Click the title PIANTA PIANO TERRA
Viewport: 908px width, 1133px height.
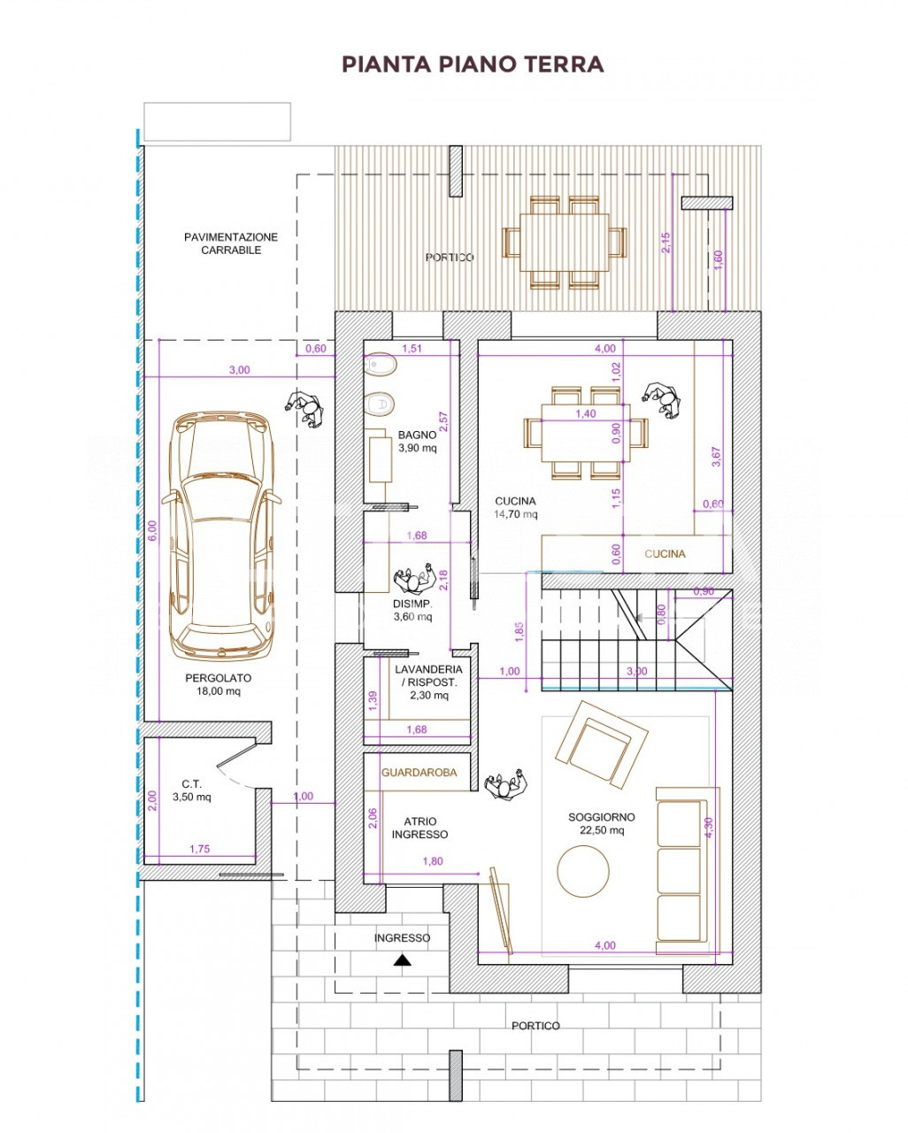pos(473,64)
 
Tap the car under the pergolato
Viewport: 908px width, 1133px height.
pos(221,535)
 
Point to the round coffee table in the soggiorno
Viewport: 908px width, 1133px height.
pos(582,871)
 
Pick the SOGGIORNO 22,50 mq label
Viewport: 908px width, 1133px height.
pos(601,823)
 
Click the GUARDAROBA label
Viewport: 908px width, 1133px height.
pos(419,773)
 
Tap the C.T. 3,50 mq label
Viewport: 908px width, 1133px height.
pos(192,790)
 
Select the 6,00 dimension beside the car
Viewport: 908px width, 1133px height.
pos(152,530)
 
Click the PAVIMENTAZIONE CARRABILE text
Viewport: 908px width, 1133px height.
pos(231,243)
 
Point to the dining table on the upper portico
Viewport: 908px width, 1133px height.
pos(564,243)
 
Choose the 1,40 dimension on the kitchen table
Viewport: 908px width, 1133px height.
pos(585,413)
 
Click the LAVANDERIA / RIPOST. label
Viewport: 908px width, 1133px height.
pos(428,682)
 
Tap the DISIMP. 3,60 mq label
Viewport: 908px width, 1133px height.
pos(412,610)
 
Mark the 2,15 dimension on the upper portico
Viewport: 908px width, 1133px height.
pos(666,243)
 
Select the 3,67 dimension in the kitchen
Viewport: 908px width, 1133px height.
pos(716,457)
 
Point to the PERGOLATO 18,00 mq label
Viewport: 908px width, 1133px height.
pos(218,684)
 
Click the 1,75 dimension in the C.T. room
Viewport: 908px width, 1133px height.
pos(199,849)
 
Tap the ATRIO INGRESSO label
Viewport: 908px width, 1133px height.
pos(419,828)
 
